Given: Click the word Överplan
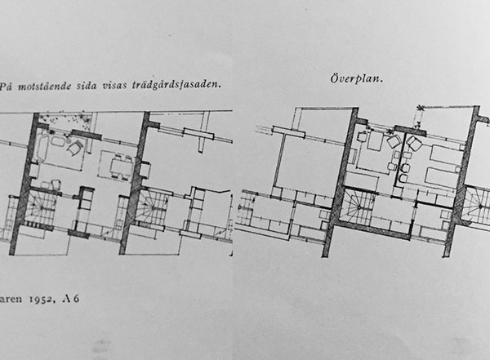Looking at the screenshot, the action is (x=357, y=78).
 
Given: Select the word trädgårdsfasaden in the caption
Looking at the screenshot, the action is (x=176, y=85).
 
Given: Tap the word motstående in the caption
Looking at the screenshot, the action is (x=44, y=87).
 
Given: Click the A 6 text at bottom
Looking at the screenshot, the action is (x=71, y=299).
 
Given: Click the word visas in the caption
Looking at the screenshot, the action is (x=114, y=86).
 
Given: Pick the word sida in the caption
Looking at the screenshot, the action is (x=87, y=86).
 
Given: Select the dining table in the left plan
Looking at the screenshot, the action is (x=121, y=167).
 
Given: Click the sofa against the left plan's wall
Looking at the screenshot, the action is (x=41, y=148).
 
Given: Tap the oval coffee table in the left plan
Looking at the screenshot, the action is (x=58, y=141).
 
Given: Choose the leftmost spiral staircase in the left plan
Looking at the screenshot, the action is (x=41, y=207).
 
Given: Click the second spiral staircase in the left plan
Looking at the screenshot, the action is (x=153, y=207).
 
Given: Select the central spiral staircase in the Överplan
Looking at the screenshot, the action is (x=359, y=207).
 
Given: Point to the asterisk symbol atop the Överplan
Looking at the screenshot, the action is (x=421, y=109).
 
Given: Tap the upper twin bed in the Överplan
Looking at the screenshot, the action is (x=446, y=155).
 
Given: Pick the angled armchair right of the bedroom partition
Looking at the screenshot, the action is (x=414, y=144).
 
